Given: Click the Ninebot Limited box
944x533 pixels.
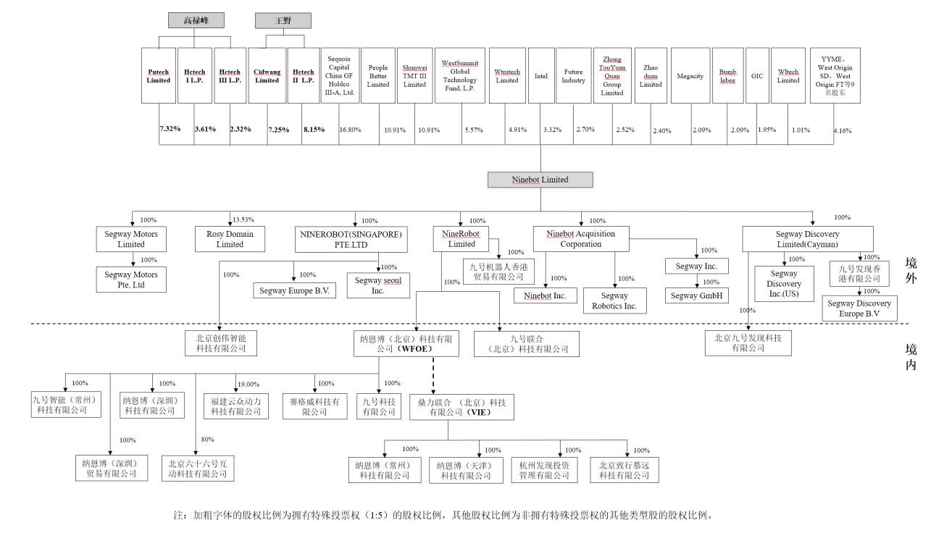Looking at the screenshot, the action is pos(540,180).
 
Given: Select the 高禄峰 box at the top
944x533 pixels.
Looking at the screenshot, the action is pos(196,20).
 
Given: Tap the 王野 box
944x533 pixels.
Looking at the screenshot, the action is pos(283,20).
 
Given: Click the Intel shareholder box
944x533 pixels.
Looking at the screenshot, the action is pos(540,76).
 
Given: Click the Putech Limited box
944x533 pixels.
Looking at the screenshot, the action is pos(158,76).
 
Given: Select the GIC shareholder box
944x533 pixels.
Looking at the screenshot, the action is pos(757,76).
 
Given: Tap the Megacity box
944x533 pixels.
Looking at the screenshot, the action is pos(690,76).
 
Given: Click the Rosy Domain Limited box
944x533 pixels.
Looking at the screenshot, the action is pos(230,239).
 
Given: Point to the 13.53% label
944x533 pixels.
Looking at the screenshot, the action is pos(243,219).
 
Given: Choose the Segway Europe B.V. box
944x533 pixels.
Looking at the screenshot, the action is pos(294,291).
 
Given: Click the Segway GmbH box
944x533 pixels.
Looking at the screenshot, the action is pos(696,295).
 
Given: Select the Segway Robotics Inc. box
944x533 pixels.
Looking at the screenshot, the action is pos(614,301).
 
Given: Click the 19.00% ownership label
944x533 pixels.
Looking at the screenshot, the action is pos(248,384).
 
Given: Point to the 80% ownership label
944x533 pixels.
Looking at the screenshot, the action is pos(207,440).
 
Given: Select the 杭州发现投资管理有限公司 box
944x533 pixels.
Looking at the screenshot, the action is pos(544,470).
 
